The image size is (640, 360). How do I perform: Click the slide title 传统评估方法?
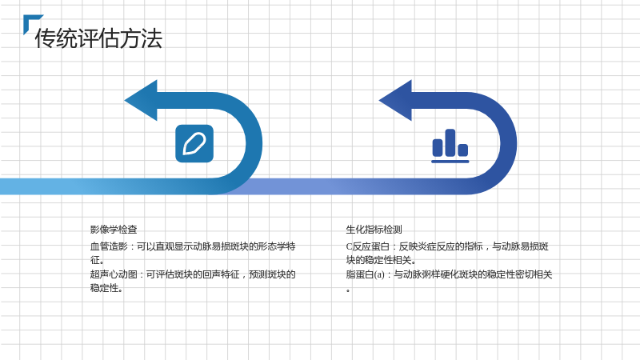coord(98,38)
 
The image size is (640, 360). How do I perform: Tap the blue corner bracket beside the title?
coord(30,21)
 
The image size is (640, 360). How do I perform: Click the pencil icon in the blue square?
coord(194,144)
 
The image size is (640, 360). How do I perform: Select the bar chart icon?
coord(450,146)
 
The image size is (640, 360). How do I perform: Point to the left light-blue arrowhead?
coord(141,101)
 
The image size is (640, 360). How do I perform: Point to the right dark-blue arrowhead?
coord(395,101)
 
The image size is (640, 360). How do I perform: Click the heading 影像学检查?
coord(114,230)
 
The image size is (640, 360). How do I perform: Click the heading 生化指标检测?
coord(374,230)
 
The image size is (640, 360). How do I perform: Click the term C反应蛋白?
coord(367,246)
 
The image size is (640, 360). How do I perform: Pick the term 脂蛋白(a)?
coord(366,274)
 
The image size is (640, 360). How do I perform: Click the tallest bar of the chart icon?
coord(450,142)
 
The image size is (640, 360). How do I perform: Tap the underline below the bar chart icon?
coord(450,162)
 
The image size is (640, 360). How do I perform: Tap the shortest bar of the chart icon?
coord(463,150)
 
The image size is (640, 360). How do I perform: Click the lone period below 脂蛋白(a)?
coord(348,291)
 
